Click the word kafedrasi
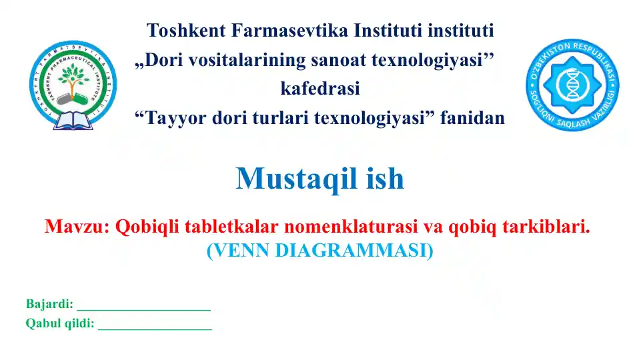pos(320,89)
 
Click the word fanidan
pos(474,119)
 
